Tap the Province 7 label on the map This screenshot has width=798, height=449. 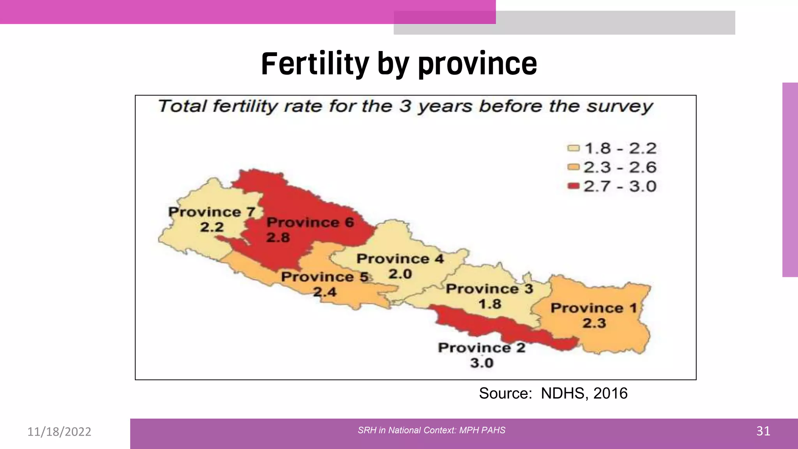pos(212,212)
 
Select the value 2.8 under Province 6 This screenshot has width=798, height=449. pos(278,237)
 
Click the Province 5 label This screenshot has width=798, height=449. pos(325,277)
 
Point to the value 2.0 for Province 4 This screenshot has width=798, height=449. pos(400,274)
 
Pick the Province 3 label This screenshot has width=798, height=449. pos(489,289)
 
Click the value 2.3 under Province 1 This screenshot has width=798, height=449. pos(594,323)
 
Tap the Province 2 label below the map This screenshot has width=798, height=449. pos(482,348)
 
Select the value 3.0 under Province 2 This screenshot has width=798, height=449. pos(482,363)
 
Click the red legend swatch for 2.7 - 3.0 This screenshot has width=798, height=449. pos(574,186)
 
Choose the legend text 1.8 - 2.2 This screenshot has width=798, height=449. pos(620,148)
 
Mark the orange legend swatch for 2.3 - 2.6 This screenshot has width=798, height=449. pos(574,167)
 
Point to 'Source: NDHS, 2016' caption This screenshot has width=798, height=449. pos(553,393)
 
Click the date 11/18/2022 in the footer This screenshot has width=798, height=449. pos(59,431)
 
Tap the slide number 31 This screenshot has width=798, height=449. pos(763,431)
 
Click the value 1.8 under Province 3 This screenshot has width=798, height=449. pos(490,304)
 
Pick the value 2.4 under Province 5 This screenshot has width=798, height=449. pos(325,292)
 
